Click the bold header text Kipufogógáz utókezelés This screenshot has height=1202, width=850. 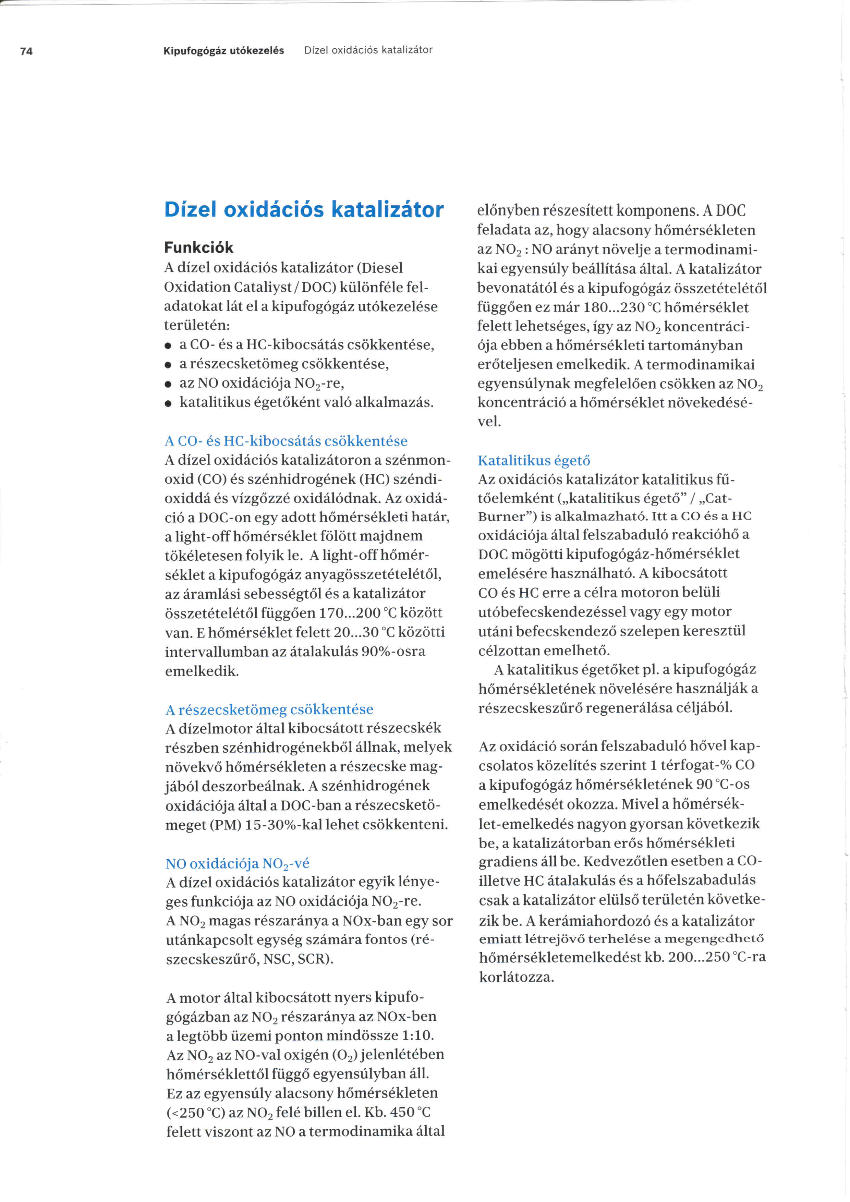223,50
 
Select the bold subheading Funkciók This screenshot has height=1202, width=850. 198,247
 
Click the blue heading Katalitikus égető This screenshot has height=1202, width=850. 534,461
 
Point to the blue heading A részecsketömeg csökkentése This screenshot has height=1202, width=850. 269,709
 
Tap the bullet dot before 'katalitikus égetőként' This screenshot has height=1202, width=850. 168,404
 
